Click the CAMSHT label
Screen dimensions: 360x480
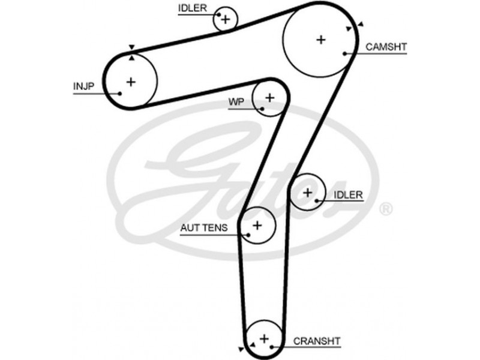pyautogui.click(x=386, y=46)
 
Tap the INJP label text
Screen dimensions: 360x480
pyautogui.click(x=84, y=86)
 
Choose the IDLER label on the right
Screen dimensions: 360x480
pyautogui.click(x=348, y=194)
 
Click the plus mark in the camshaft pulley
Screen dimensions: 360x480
pyautogui.click(x=321, y=40)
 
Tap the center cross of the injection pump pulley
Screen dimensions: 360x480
pyautogui.click(x=131, y=82)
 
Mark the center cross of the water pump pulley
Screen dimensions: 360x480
pyautogui.click(x=269, y=97)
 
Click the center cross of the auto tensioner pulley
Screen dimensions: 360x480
pyautogui.click(x=257, y=226)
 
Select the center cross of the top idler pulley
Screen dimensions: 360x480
pyautogui.click(x=226, y=19)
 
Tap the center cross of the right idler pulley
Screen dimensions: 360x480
pyautogui.click(x=308, y=193)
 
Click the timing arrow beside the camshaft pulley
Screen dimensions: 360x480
pyautogui.click(x=360, y=25)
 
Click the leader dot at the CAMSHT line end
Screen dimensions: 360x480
pyautogui.click(x=345, y=53)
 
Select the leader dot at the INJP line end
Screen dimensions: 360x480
pyautogui.click(x=120, y=93)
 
